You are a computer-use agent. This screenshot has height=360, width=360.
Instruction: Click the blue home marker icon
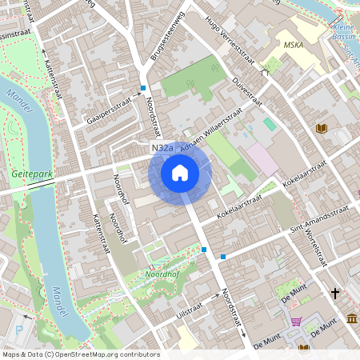(180, 173)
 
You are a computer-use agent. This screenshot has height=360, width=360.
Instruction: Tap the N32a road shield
(161, 149)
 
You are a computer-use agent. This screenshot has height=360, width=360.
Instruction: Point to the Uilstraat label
(190, 310)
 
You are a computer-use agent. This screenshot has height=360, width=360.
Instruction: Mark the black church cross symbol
(335, 294)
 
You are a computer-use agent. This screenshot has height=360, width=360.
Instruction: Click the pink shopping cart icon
(297, 322)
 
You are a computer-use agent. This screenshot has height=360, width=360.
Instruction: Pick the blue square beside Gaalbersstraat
(142, 88)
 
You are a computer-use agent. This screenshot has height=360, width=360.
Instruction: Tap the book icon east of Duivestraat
(322, 128)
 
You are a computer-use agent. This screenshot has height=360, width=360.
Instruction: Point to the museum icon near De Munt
(353, 320)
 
